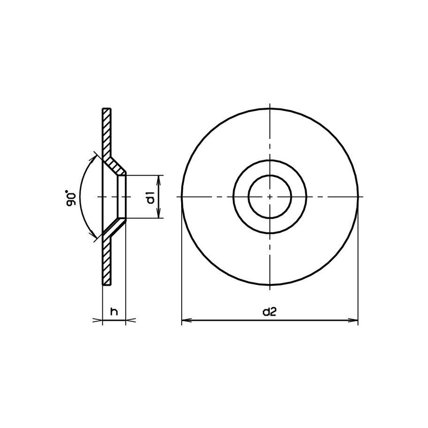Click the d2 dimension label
(269, 312)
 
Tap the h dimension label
(113, 311)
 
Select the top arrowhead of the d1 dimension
(160, 178)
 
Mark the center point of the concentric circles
(270, 197)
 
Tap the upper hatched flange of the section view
(107, 131)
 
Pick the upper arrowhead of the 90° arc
(96, 156)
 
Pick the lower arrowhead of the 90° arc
(96, 237)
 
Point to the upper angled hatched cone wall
(115, 166)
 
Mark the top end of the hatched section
(107, 109)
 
